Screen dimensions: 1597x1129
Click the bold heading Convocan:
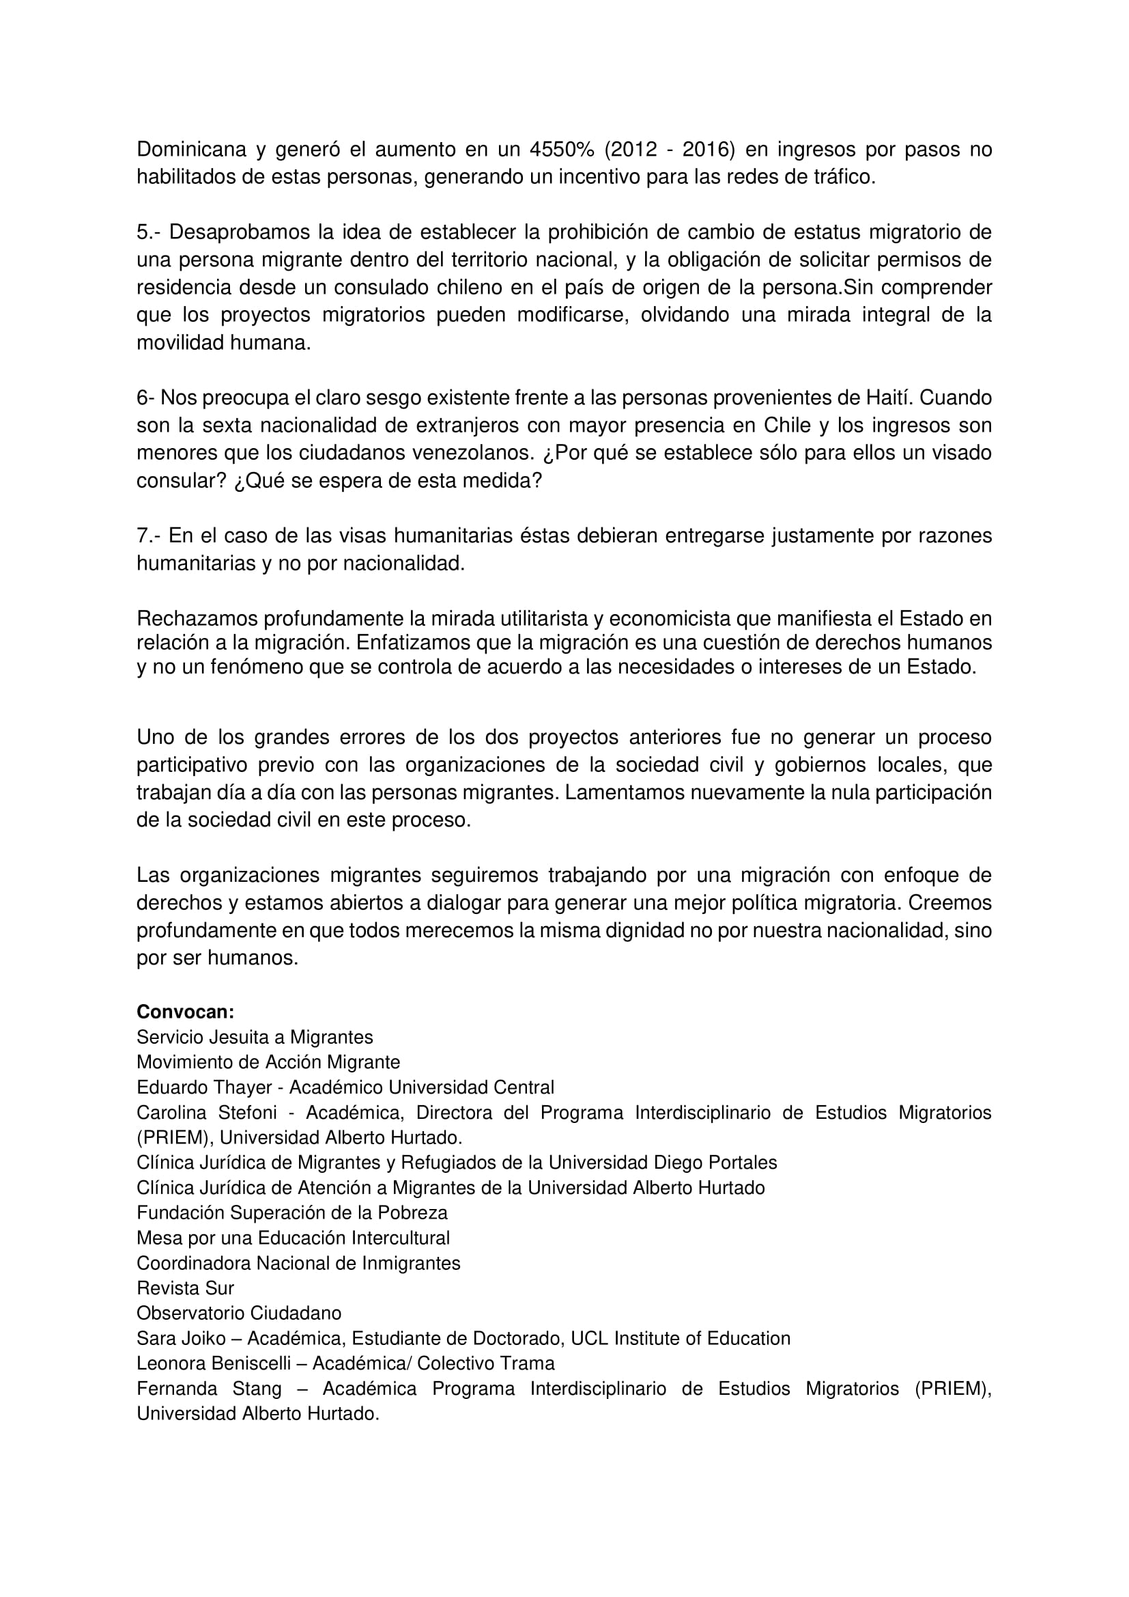pyautogui.click(x=185, y=1012)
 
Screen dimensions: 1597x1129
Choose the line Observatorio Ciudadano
pyautogui.click(x=239, y=1314)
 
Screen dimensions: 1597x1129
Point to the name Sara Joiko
pyautogui.click(x=181, y=1338)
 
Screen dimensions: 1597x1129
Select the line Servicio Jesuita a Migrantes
pyautogui.click(x=255, y=1037)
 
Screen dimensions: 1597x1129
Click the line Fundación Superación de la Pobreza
pyautogui.click(x=292, y=1212)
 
